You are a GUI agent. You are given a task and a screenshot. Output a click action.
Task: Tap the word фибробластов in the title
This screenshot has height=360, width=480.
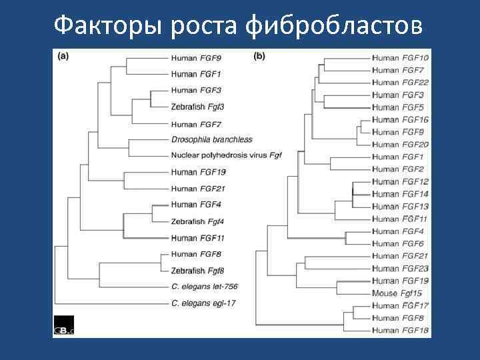[x=333, y=26]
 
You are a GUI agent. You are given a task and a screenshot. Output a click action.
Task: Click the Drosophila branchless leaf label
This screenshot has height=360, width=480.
[x=212, y=139]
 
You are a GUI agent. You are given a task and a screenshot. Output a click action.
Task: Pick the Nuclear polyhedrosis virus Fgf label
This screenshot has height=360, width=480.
[x=227, y=155]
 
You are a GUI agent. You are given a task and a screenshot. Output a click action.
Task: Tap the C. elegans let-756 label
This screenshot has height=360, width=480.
[x=205, y=287]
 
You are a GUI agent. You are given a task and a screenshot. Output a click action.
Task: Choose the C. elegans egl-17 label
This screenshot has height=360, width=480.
[x=203, y=303]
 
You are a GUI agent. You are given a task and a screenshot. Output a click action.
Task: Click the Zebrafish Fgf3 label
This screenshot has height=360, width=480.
[x=198, y=106]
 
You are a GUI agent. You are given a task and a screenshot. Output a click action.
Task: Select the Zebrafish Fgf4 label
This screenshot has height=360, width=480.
[x=198, y=221]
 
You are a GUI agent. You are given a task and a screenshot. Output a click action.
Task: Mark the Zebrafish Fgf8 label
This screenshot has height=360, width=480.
[x=198, y=271]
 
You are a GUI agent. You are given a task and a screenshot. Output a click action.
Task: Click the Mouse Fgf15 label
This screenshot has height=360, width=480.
[x=397, y=293]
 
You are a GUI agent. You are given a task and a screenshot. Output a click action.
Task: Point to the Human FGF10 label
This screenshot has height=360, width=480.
[x=400, y=59]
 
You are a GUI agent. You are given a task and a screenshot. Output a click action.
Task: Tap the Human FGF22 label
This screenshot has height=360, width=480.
[x=400, y=83]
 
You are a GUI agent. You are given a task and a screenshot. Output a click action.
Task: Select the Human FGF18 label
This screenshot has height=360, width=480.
[x=400, y=330]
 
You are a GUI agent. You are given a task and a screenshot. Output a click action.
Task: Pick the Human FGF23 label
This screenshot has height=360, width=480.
[x=400, y=268]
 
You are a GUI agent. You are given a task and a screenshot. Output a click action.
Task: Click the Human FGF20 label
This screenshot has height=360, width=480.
[x=400, y=145]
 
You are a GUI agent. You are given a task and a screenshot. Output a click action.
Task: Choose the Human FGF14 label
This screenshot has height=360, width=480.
[x=400, y=194]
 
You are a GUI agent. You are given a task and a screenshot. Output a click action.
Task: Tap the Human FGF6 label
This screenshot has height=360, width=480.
[x=398, y=243]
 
